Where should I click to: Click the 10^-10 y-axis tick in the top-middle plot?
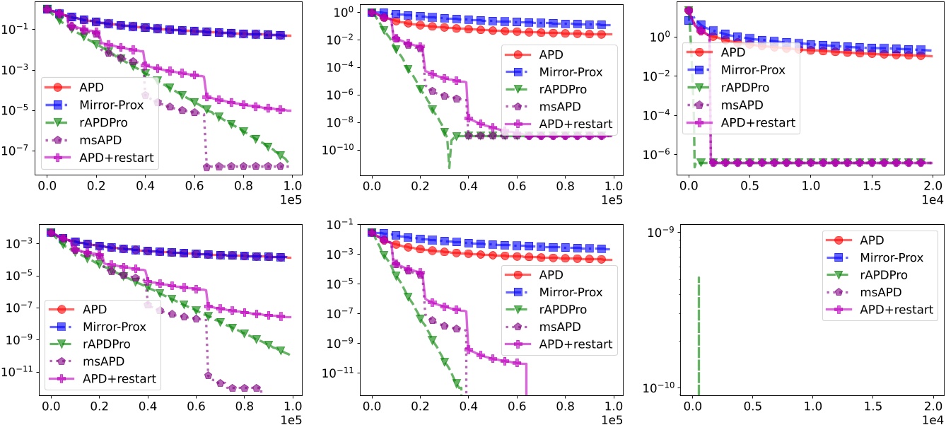(343, 150)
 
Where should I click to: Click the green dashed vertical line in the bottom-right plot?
(699, 332)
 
